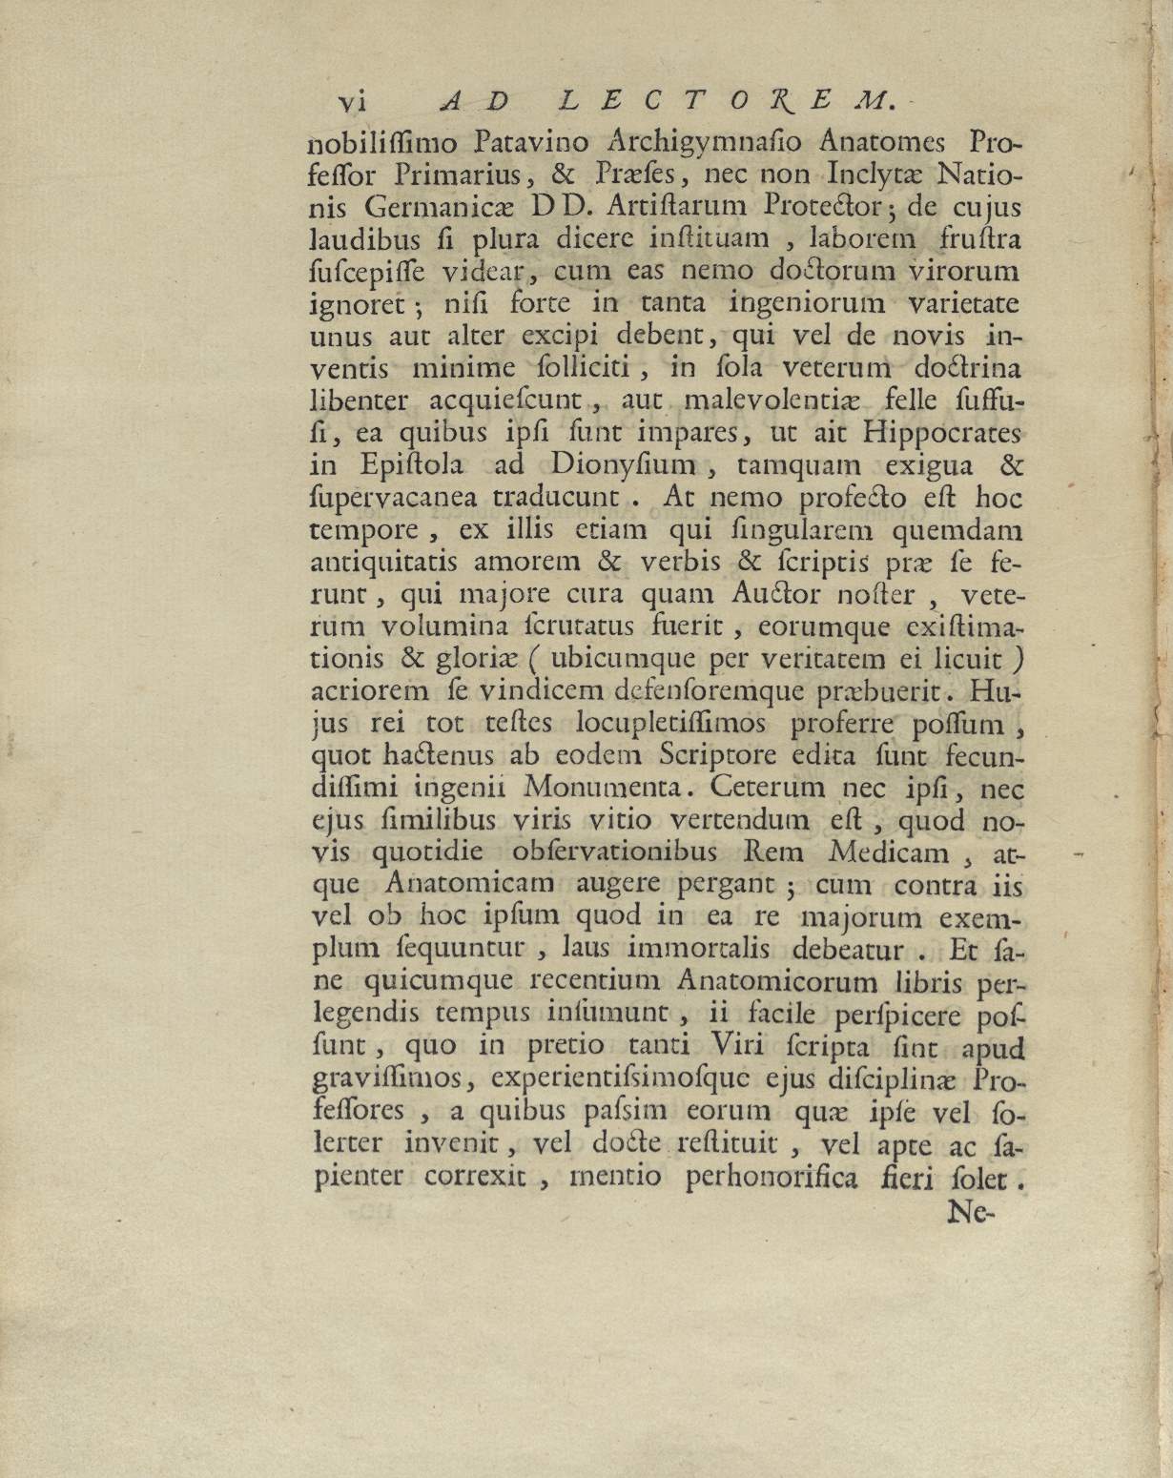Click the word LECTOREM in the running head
[x=722, y=101]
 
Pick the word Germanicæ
[x=444, y=207]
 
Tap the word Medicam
[x=889, y=852]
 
